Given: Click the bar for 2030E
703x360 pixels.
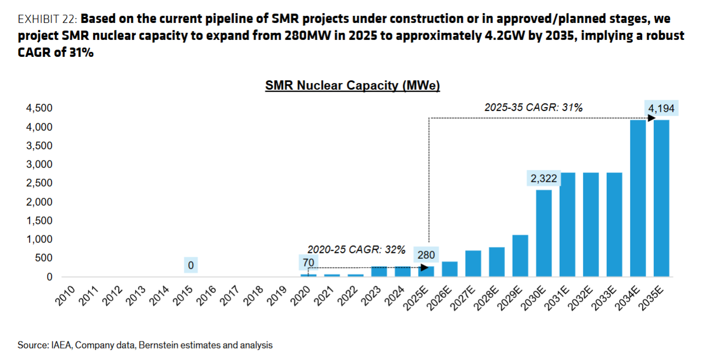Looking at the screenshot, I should coord(544,233).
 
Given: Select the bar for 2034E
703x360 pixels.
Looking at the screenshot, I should coord(638,198).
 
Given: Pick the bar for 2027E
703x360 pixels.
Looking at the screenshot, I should coord(473,263).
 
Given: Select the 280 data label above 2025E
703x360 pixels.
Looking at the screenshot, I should coord(426,255).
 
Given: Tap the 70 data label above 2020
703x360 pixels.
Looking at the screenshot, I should coord(309,262).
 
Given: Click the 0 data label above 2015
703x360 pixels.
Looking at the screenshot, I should coord(191,266).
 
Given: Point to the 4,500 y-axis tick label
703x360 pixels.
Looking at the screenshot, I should coord(39,108).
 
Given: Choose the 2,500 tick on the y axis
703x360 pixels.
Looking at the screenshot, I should coord(39,183).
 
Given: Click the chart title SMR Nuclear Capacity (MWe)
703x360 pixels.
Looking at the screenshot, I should coord(352,86).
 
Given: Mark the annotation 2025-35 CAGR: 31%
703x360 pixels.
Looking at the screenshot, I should coord(533,108).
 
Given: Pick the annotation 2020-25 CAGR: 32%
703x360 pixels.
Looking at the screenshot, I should coord(356,250).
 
